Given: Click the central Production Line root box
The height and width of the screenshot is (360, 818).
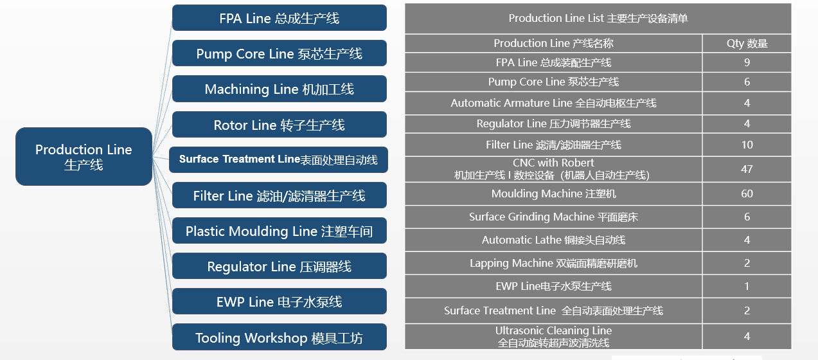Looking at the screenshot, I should [x=84, y=157].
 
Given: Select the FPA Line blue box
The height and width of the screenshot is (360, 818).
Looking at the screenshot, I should [x=279, y=18].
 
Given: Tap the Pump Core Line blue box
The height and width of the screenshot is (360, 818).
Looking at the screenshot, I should [x=279, y=53].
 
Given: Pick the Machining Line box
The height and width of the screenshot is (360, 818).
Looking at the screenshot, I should [x=279, y=89].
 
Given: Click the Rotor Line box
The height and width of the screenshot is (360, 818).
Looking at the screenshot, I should [x=279, y=125].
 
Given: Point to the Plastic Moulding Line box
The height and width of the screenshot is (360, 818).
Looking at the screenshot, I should [x=279, y=231].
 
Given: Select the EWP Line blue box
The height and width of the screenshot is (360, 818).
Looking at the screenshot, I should [x=279, y=301].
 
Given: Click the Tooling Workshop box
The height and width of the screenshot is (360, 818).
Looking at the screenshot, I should [x=279, y=337].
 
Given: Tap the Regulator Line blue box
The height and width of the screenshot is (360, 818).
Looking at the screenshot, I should [x=279, y=266].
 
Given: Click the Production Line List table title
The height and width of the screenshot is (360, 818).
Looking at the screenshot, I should [x=598, y=19].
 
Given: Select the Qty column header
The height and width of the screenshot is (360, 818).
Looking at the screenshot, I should [x=747, y=44].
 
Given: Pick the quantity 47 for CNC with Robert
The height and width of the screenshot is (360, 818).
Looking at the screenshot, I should [x=747, y=169].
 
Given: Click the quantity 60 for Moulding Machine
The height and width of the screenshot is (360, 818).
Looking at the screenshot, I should [x=747, y=194].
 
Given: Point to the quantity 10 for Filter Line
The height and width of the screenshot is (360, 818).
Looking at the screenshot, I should [x=747, y=145].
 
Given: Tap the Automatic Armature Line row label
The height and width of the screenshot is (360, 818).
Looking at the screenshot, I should [x=553, y=103].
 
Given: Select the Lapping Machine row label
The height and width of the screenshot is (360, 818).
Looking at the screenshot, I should [x=553, y=264].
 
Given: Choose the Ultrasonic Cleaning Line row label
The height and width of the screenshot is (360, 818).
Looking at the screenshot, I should [x=553, y=337].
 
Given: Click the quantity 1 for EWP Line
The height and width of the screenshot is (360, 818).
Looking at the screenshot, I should [x=747, y=286].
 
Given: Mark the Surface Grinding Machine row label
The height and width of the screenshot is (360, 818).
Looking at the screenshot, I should [x=553, y=217].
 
